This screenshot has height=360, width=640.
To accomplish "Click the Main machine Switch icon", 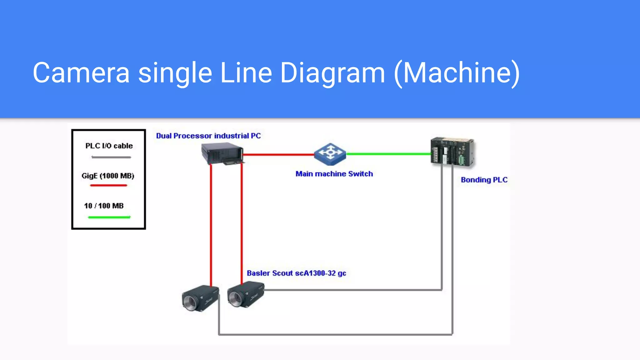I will point(330,154).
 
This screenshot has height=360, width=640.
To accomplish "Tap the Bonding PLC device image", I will point(452,152).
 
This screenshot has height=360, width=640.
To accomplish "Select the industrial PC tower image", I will point(222,153).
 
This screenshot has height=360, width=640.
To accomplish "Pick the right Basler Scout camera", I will point(246,294).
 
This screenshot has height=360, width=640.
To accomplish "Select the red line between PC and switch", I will point(278,154).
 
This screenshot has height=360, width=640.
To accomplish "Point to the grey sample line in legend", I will point(111,157).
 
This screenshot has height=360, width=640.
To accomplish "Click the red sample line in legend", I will point(108,185).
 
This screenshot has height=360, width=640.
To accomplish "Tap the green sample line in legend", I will point(109,217).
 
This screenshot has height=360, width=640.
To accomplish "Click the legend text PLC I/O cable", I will point(109,146).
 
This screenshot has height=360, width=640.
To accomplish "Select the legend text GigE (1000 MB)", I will point(108,176).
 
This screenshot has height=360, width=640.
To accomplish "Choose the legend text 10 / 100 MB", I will point(104,206).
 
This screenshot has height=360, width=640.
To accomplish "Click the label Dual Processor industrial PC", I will point(208,136).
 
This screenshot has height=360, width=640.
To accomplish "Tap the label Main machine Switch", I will point(334,174).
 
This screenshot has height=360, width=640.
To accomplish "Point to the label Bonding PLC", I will point(484,180).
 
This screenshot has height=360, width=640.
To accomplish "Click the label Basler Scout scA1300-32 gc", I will point(296,273).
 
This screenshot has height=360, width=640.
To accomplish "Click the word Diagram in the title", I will point(332,73).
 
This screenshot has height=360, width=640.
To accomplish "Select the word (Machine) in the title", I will point(457,73).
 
